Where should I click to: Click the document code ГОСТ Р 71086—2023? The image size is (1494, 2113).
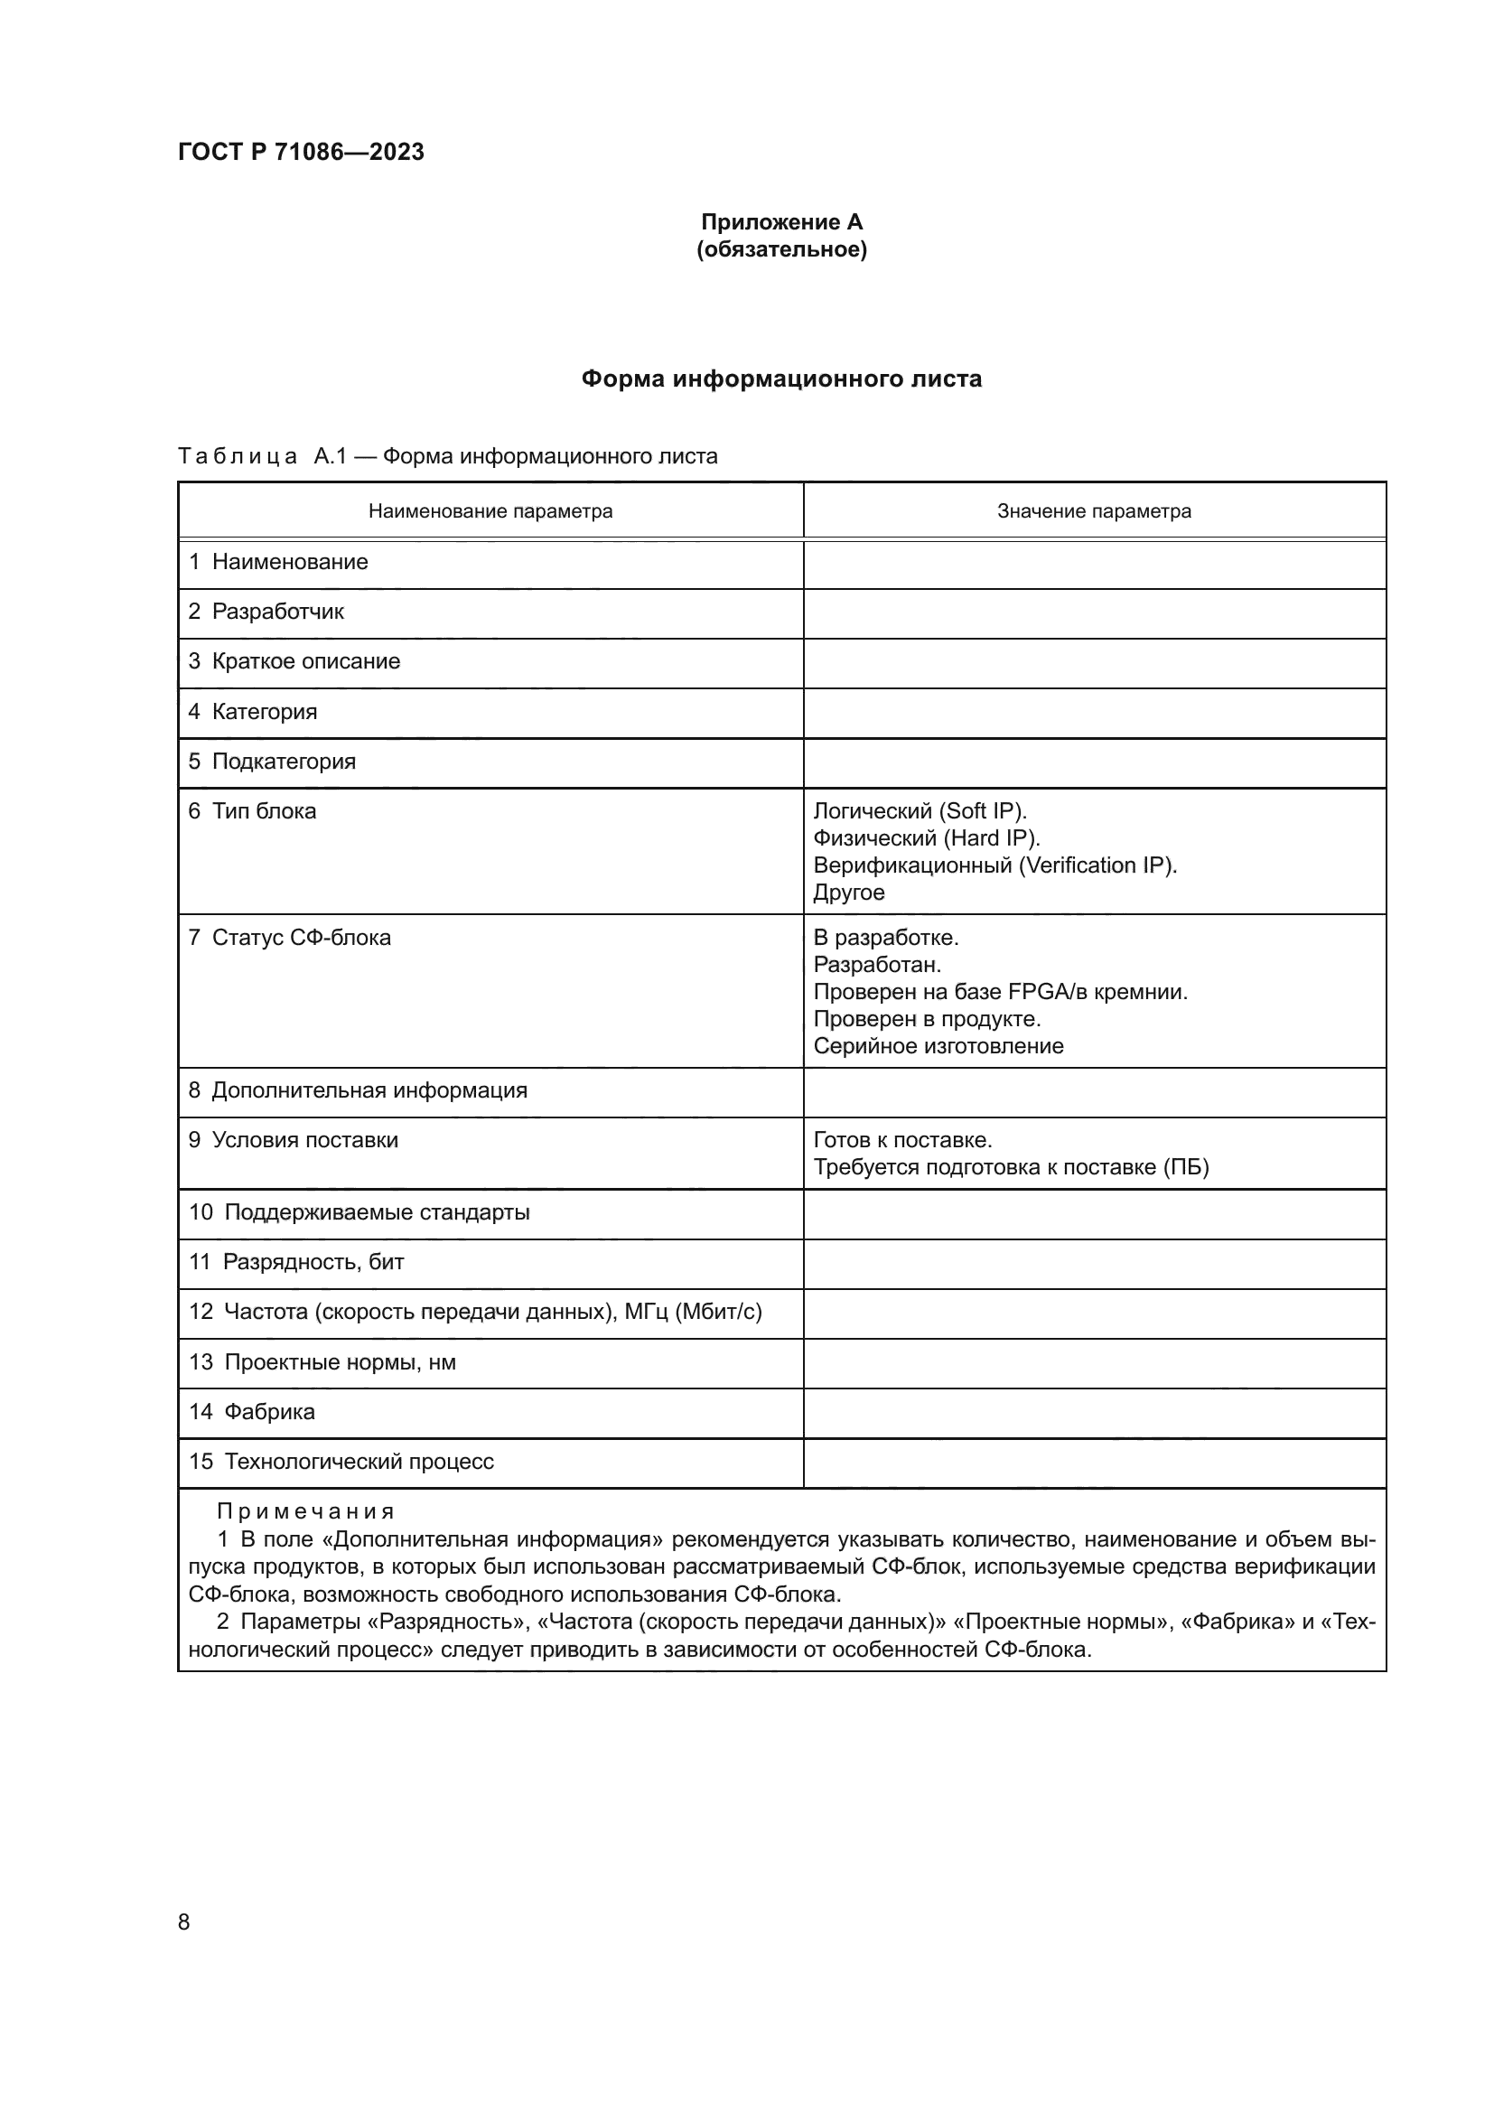coord(301,152)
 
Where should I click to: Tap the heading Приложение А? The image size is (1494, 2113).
coord(781,222)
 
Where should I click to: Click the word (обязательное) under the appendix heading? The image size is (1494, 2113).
coord(781,249)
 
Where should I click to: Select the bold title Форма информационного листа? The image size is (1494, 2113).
coord(781,379)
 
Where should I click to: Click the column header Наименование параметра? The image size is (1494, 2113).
coord(490,511)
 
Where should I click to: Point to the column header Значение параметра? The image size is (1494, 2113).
coord(1094,511)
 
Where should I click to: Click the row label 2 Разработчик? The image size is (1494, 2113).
coord(266,612)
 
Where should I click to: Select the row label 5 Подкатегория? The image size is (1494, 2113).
coord(272,762)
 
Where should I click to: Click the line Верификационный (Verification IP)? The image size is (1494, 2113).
coord(995,866)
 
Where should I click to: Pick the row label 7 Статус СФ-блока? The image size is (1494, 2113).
coord(290,938)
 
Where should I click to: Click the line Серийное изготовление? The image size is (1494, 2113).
coord(938,1046)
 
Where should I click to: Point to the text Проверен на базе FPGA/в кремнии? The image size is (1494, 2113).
coord(1001,992)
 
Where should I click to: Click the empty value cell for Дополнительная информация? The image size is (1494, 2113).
coord(1094,1092)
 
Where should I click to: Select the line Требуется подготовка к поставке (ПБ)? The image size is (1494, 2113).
coord(1011,1168)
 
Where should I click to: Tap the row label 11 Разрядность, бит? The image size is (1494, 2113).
coord(296,1263)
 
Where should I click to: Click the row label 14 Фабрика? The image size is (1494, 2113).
coord(252,1412)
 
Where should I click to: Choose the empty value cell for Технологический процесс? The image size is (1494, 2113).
coord(1094,1463)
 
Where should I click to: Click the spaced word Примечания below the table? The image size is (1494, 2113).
coord(305,1511)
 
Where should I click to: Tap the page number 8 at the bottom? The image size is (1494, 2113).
coord(184,1922)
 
